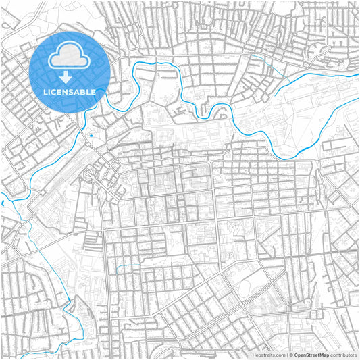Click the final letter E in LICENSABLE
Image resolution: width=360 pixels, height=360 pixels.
(94, 91)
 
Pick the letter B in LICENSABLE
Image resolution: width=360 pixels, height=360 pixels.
(83, 91)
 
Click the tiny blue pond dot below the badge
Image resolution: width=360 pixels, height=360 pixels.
(91, 136)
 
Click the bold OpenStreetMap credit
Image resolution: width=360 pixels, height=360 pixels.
(310, 354)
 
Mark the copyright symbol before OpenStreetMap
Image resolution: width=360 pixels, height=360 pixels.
(290, 354)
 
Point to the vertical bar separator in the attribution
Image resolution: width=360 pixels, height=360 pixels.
(286, 354)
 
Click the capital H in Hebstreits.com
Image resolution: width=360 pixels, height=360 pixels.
(254, 354)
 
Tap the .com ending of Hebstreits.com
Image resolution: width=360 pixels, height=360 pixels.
(279, 354)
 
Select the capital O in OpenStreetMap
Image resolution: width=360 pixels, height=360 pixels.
(294, 354)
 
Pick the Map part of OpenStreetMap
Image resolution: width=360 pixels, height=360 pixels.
(324, 354)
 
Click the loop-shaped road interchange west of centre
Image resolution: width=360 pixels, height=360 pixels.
(91, 177)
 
